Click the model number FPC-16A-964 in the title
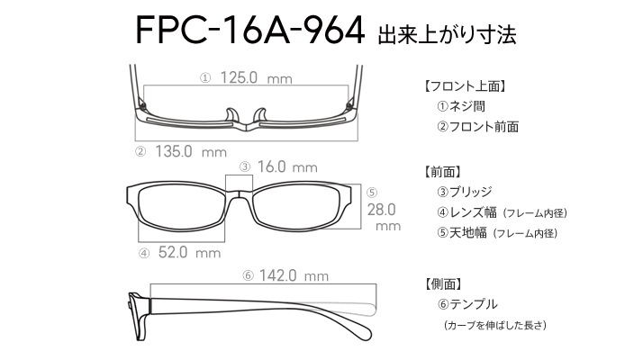pos(249,30)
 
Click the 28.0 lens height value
pos(381,210)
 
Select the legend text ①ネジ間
pos(461,106)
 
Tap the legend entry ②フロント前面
pos(477,127)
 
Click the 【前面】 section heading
pos(442,172)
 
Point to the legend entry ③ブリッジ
pos(464,192)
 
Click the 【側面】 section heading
pos(442,283)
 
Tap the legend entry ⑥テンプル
pos(467,304)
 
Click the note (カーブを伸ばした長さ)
pos(494,325)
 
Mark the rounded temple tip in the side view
pos(364,330)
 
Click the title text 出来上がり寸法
pos(446,34)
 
